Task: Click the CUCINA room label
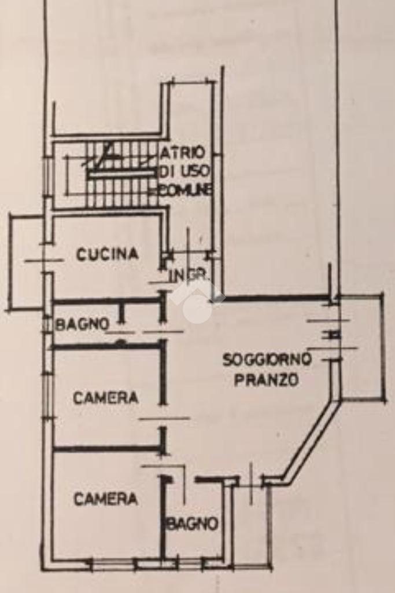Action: click(x=108, y=254)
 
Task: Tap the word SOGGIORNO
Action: click(x=267, y=360)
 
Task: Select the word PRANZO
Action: click(x=267, y=380)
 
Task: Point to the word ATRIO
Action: click(x=183, y=152)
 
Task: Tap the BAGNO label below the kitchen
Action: click(x=82, y=324)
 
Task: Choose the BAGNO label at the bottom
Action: click(x=193, y=524)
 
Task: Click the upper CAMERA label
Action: click(x=106, y=398)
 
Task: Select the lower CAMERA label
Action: click(x=106, y=499)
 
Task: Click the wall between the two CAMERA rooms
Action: click(x=107, y=448)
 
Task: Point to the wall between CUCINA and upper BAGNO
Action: click(x=107, y=301)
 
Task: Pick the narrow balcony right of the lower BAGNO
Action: click(x=252, y=521)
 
